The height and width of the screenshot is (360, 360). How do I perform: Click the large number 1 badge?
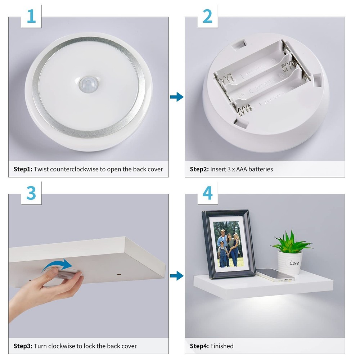click(31, 16)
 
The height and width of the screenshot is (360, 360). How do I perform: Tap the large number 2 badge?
click(208, 16)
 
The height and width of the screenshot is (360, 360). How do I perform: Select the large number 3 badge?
click(31, 193)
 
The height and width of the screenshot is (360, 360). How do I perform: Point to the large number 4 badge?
click(208, 193)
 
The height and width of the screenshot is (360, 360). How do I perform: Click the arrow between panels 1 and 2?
click(176, 97)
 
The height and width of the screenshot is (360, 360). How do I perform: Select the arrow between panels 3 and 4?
click(176, 276)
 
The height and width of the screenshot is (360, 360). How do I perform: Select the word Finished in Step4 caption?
click(222, 346)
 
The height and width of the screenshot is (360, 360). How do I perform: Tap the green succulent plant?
click(291, 242)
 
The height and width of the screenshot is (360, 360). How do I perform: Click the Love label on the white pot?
click(294, 263)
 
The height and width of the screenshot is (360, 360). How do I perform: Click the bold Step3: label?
click(23, 346)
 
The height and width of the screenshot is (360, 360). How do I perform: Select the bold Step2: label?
click(199, 169)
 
